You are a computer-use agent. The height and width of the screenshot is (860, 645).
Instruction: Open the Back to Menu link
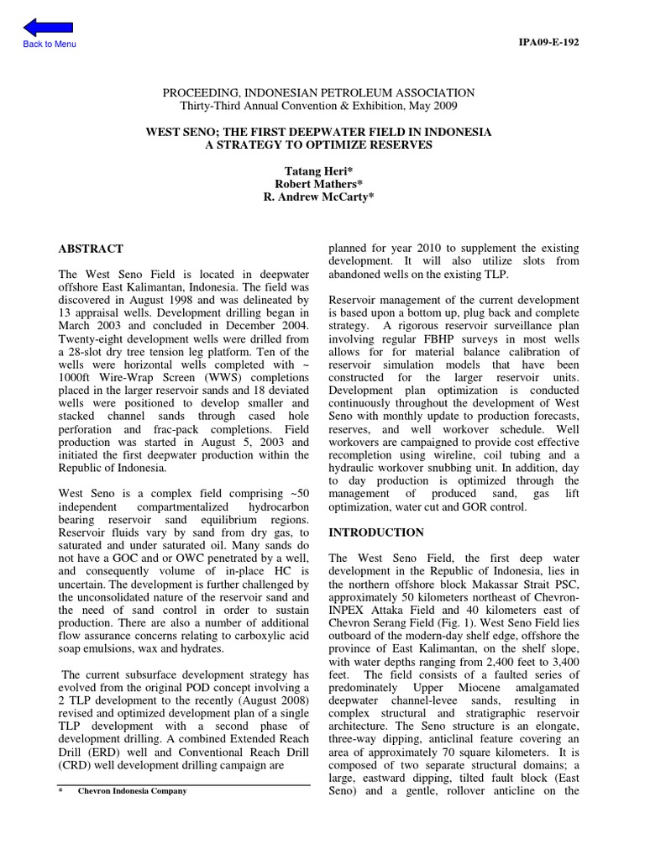(x=50, y=44)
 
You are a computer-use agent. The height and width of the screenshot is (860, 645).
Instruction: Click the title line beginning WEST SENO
(x=318, y=133)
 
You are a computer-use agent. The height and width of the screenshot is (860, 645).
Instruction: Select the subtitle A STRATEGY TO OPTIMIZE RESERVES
(x=318, y=144)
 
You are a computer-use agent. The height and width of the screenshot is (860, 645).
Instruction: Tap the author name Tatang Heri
(x=318, y=170)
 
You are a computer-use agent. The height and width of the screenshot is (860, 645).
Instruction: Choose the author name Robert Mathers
(x=318, y=184)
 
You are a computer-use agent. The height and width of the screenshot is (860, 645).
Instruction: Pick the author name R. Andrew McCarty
(x=318, y=197)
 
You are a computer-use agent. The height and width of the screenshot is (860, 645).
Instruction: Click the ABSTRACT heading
(x=90, y=249)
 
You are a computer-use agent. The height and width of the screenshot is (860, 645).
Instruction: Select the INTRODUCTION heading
(x=375, y=532)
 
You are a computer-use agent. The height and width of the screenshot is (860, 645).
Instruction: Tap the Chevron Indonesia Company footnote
(x=133, y=791)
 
